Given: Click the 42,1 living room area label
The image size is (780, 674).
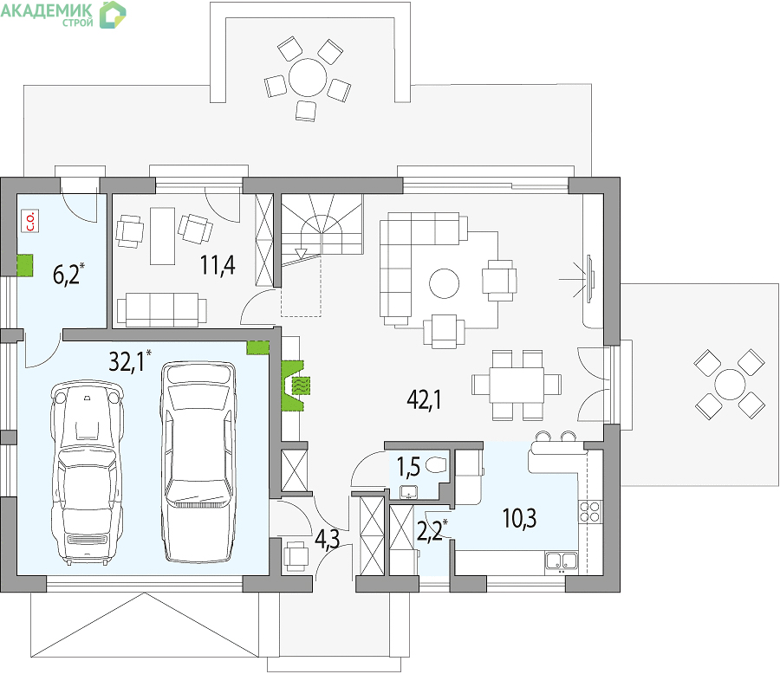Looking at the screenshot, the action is [x=424, y=399].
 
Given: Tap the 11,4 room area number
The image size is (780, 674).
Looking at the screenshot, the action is [x=218, y=264].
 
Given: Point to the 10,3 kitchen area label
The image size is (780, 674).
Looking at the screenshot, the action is [x=519, y=519].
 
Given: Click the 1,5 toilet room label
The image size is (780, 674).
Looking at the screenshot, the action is [x=408, y=466].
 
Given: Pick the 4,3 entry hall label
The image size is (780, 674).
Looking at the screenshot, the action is [x=328, y=539].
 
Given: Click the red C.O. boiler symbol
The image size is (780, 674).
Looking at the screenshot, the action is [x=30, y=222].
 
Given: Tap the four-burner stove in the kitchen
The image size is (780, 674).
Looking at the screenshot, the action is [x=589, y=511].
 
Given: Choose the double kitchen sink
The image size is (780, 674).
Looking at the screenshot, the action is [x=561, y=561].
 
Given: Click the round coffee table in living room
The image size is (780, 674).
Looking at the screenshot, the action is [x=445, y=283].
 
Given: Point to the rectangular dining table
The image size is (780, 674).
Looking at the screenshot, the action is [x=516, y=385].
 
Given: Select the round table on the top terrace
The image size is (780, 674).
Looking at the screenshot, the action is [x=308, y=78].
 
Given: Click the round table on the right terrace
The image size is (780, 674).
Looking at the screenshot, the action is [x=730, y=384].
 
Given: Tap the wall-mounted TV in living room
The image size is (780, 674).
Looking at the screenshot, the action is [x=590, y=279].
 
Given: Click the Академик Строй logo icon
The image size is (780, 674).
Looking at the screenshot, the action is [x=113, y=15].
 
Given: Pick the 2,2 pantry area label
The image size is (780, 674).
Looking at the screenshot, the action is [x=431, y=531].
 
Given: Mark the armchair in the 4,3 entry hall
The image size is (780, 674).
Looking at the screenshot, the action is [x=296, y=555].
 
